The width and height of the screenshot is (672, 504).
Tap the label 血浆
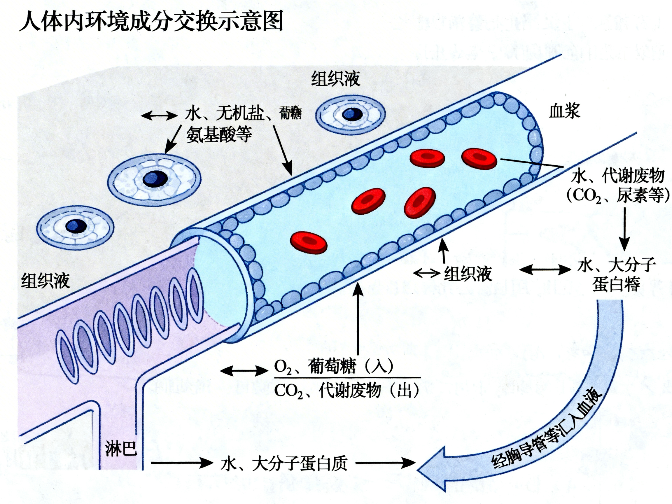click(564, 111)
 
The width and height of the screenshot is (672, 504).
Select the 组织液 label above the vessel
click(335, 79)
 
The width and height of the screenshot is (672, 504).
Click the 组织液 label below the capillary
click(468, 274)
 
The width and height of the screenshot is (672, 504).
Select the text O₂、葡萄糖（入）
click(333, 367)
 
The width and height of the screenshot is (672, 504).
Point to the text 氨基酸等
click(219, 134)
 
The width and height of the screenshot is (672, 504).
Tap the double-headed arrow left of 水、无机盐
click(160, 116)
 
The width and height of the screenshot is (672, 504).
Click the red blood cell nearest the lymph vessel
click(308, 242)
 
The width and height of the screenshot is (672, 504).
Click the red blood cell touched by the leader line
click(479, 158)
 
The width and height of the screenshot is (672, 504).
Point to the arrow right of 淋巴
click(182, 463)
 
